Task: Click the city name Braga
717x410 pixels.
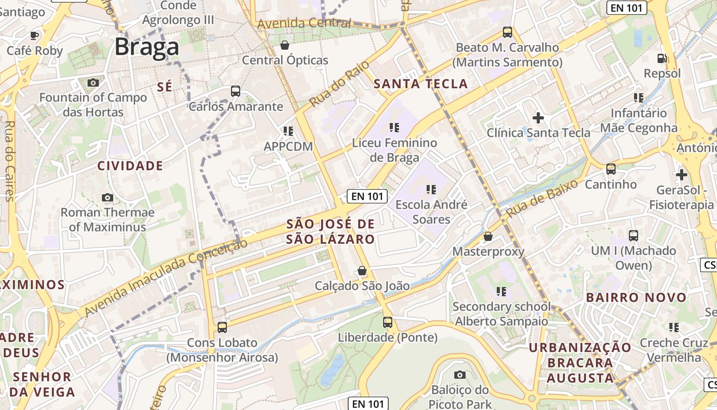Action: pos(146,47)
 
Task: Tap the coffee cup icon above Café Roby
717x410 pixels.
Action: pos(34,35)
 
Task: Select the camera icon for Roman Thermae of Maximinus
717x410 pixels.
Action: pos(107,197)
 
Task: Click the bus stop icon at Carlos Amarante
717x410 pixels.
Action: pos(235,91)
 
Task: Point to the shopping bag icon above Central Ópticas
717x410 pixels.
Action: pos(285,45)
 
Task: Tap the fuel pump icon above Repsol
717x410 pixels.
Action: pos(662,58)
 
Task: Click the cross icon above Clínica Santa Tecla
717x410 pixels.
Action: pos(538,118)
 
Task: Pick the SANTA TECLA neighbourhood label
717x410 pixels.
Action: pos(421,84)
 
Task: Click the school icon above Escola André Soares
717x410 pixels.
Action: pos(431,190)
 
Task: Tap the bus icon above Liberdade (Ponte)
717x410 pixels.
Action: pos(388,322)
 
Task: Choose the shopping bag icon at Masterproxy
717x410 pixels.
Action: pos(488,236)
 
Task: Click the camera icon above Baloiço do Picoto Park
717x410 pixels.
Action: pos(460,375)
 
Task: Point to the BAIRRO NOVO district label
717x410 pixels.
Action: pos(636,297)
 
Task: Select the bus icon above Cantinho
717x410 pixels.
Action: pos(610,169)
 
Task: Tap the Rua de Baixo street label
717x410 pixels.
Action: pos(542,198)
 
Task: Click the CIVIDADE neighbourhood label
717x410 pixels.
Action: pos(130,166)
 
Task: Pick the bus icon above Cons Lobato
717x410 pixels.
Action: pos(222,327)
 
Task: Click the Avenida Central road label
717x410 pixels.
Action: pos(304,24)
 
